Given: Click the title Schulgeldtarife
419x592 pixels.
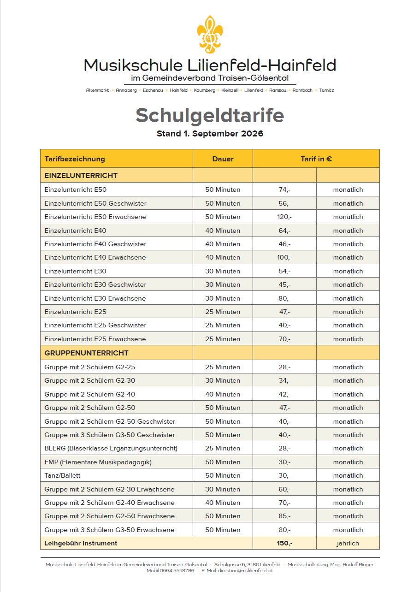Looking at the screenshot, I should click(x=210, y=115).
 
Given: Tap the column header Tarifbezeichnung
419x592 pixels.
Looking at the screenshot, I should click(x=75, y=159).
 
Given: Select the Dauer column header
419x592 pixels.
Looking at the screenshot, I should click(x=223, y=159).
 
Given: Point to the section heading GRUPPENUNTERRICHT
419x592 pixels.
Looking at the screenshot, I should click(x=86, y=353).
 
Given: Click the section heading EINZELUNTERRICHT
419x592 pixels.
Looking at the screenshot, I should click(x=81, y=176).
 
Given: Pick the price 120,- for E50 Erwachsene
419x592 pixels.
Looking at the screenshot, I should click(x=284, y=217).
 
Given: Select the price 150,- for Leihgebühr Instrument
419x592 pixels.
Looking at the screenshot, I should click(x=284, y=543).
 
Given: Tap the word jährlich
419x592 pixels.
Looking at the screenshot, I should click(x=348, y=543).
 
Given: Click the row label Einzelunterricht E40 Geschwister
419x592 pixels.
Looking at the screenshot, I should click(x=95, y=244).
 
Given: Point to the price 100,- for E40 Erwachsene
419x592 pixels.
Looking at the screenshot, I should click(x=284, y=257).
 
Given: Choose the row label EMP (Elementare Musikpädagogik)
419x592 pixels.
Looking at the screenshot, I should click(x=98, y=462).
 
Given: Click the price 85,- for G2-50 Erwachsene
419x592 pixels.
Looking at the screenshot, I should click(x=284, y=516).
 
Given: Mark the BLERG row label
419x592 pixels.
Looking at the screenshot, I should click(x=111, y=448).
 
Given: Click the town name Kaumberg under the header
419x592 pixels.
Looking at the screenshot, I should click(x=204, y=90).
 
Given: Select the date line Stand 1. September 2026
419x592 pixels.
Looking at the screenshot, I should click(x=210, y=134).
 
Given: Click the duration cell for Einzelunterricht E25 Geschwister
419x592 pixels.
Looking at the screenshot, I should click(x=223, y=325).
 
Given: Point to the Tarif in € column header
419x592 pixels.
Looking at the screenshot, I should click(x=316, y=159).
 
